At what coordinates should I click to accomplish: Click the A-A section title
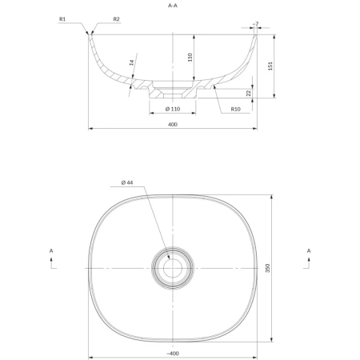tap(173, 6)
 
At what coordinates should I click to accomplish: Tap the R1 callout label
tap(62, 19)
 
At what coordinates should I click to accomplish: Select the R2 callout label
tap(116, 19)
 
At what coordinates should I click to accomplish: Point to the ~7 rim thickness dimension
tap(255, 24)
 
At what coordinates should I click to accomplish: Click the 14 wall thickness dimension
tap(131, 62)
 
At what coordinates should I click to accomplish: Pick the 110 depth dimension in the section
tap(190, 58)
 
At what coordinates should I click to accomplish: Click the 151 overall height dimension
tap(270, 66)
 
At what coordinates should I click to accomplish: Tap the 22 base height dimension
tap(249, 93)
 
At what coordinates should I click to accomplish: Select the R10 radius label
tap(235, 109)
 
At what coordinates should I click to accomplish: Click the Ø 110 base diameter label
tap(173, 109)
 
